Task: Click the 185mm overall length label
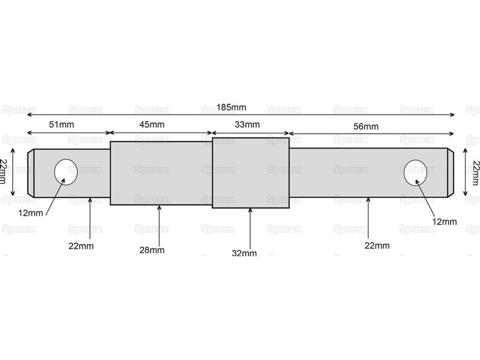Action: pos(232,107)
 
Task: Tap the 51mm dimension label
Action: pos(62,125)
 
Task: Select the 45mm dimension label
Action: pos(152,125)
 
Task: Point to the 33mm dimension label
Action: pos(247,125)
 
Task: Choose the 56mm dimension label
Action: pos(366,127)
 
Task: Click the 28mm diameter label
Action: pos(152,250)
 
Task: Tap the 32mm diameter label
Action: pos(244,253)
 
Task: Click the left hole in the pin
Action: pos(66,172)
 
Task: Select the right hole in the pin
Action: pos(415,172)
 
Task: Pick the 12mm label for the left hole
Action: pos(31,213)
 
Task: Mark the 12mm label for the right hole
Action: pos(445,221)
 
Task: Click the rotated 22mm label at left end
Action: pos(3,172)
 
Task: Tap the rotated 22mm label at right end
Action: pos(475,173)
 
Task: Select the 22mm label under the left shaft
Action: pos(81,246)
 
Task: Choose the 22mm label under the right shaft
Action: pos(377,245)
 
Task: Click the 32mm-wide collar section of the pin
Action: pos(251,173)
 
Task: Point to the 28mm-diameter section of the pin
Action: pos(161,173)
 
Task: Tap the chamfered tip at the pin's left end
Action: pos(31,173)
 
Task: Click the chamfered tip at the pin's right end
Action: pos(451,173)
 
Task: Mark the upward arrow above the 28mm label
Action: pos(159,225)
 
